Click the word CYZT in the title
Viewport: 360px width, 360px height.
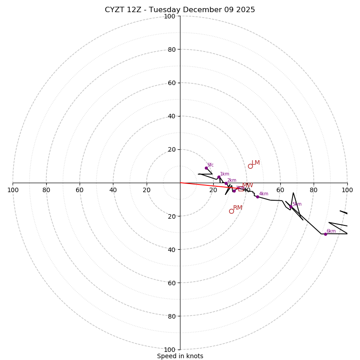coord(115,10)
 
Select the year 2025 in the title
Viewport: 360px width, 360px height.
coord(245,10)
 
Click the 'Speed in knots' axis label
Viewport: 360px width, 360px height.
coord(180,356)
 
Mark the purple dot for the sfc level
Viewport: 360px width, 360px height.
coord(206,168)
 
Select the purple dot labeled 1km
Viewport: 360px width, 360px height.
coord(219,177)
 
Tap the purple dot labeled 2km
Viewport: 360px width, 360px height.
coord(226,183)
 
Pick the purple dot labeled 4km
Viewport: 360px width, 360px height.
coord(257,197)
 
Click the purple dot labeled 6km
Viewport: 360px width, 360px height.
coord(325,234)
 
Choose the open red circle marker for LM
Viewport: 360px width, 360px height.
coord(250,166)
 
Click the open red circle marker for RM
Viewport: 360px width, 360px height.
coord(231,211)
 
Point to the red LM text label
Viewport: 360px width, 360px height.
coord(256,162)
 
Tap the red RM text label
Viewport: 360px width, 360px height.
coord(238,207)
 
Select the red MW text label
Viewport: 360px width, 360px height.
coord(247,185)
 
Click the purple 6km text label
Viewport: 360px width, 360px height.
coord(331,231)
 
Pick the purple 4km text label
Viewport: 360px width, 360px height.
coord(264,193)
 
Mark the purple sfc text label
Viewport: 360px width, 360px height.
coord(210,165)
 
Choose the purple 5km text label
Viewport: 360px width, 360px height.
coord(297,204)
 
